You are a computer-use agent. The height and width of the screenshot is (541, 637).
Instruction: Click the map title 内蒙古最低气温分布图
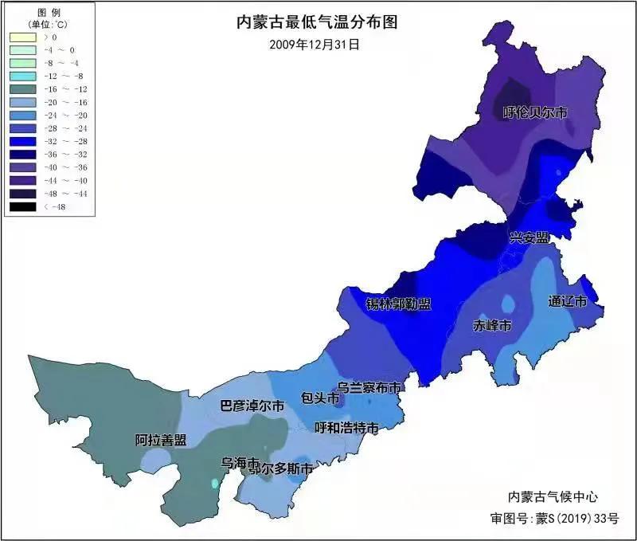317,22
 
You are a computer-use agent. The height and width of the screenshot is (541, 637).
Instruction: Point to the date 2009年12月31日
315,45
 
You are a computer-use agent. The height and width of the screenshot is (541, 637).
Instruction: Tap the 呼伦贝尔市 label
536,113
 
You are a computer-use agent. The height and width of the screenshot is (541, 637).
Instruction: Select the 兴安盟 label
530,237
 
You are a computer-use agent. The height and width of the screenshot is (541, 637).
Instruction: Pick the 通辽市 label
568,302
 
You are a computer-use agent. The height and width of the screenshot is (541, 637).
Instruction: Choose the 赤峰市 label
492,326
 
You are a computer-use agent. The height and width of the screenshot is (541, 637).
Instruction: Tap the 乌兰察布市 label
368,387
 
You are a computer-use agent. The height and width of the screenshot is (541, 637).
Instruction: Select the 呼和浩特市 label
346,428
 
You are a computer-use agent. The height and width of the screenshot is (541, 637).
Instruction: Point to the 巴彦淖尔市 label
252,406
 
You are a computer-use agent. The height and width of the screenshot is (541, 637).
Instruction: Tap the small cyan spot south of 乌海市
214,483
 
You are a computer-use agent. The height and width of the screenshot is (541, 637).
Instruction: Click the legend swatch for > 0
22,37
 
